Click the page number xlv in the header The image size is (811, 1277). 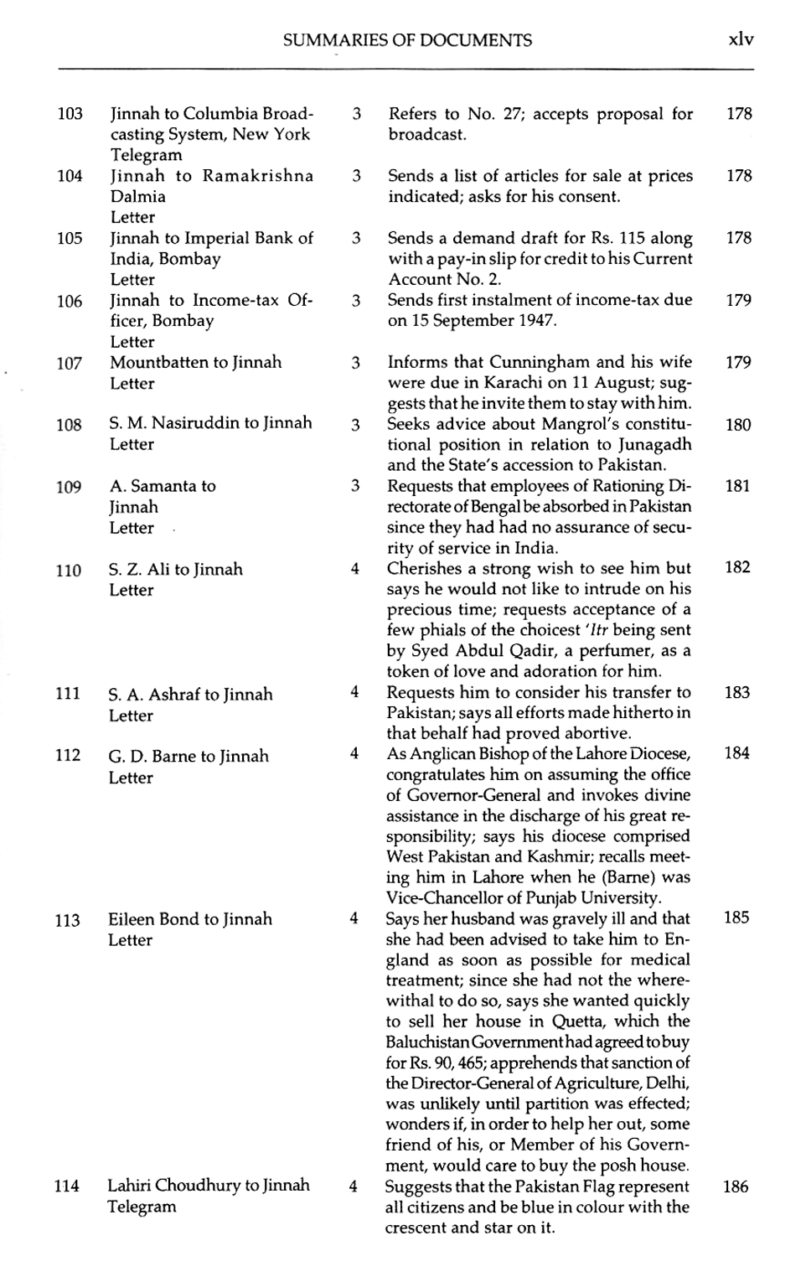click(x=741, y=39)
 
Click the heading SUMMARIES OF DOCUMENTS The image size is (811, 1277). click(x=407, y=39)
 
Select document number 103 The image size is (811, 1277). click(x=70, y=114)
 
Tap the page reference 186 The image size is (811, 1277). click(x=736, y=1187)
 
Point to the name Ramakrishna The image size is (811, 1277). click(x=258, y=176)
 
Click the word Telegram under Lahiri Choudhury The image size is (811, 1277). click(x=142, y=1207)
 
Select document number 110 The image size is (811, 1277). click(x=69, y=571)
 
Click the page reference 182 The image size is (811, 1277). click(x=737, y=567)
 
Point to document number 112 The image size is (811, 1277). click(x=69, y=755)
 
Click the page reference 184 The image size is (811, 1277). click(x=737, y=753)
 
